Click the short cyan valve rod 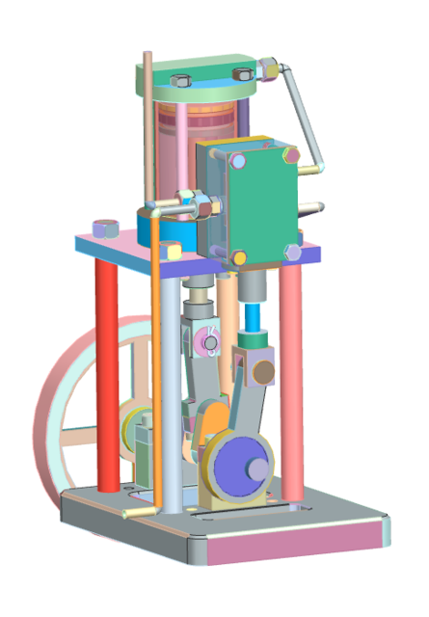click(255, 318)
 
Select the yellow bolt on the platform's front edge click(172, 250)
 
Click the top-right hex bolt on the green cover click(286, 154)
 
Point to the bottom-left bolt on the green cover click(238, 257)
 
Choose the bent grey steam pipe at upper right click(307, 121)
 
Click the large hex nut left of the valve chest click(200, 203)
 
